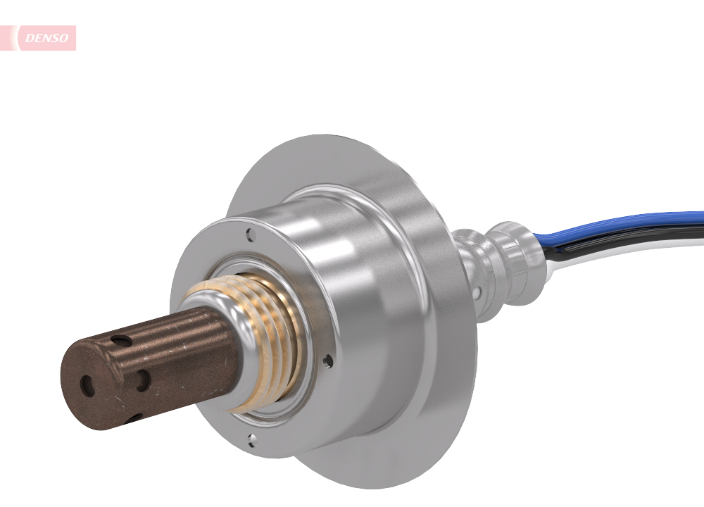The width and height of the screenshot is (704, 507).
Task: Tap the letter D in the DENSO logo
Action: (x=30, y=39)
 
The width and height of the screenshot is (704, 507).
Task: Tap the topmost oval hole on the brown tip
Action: (x=124, y=341)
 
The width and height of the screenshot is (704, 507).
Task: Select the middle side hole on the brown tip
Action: (x=143, y=381)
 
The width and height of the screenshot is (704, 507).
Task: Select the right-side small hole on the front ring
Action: (x=328, y=361)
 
